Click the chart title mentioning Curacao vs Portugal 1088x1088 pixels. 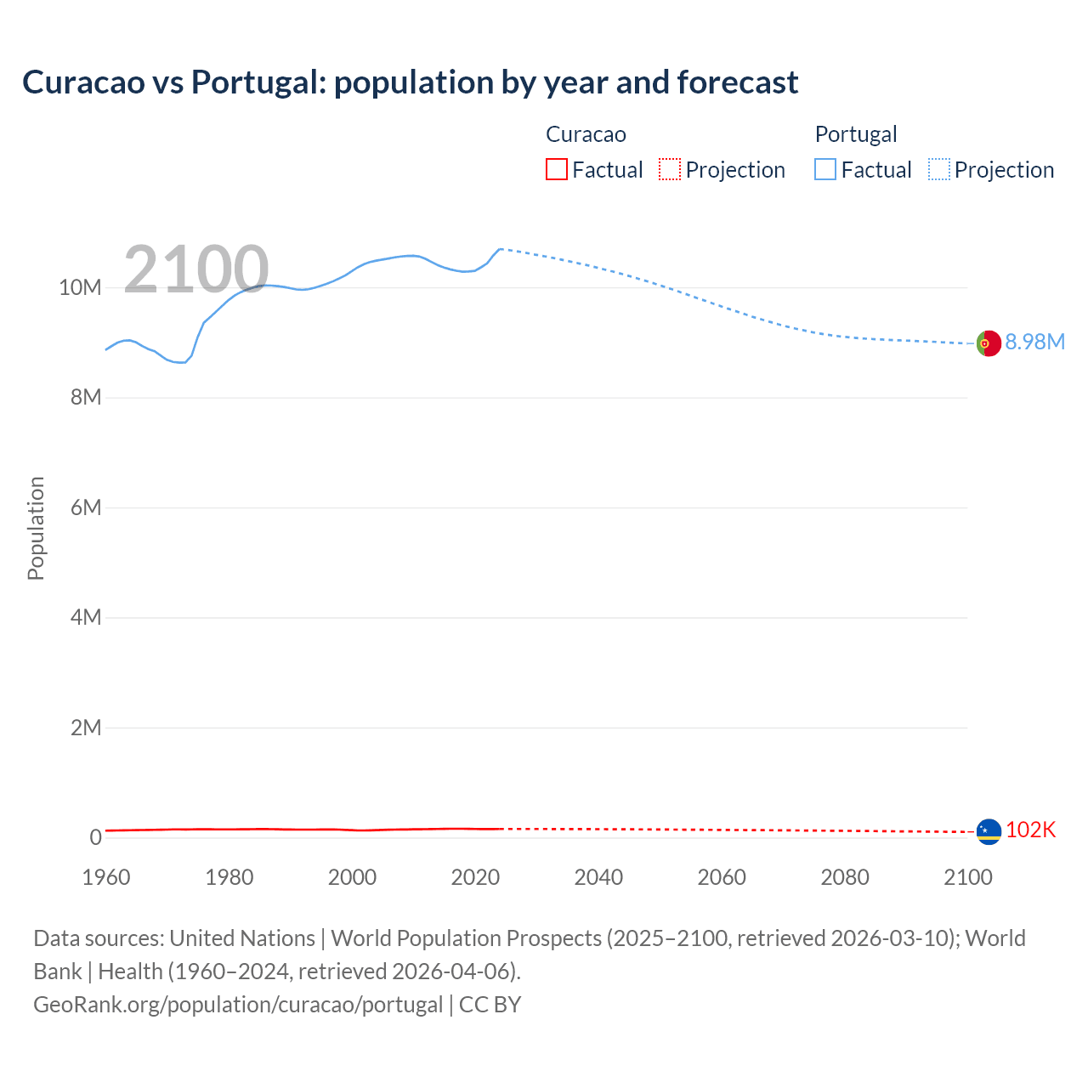coord(410,82)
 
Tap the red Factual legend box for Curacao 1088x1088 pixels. coord(556,170)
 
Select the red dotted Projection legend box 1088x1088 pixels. coord(670,170)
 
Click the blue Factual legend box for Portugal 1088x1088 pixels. coord(824,170)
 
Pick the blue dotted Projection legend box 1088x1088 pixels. coord(939,170)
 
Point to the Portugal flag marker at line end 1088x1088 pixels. coord(988,343)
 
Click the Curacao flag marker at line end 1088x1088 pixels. coord(988,831)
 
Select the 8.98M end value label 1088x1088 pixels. coord(1034,342)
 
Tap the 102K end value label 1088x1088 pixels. coord(1030,830)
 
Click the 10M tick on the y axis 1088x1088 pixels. coord(80,288)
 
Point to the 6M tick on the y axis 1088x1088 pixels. coord(85,507)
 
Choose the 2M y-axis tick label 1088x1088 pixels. coord(85,728)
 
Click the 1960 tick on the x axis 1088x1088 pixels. coord(106,877)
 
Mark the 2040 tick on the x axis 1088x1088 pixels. coord(598,877)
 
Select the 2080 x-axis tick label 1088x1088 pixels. coord(844,877)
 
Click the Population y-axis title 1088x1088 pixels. coord(36,528)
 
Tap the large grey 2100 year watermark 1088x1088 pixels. coord(196,269)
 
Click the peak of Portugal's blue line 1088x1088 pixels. coord(501,249)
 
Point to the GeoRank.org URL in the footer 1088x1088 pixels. coord(238,1005)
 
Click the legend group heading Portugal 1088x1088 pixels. coord(855,134)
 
